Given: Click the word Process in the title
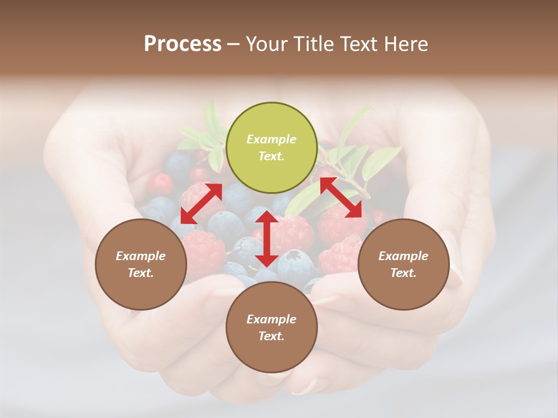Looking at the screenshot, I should click(x=183, y=44).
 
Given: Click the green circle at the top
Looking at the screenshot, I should click(x=271, y=147).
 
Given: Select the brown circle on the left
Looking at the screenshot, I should click(x=141, y=264).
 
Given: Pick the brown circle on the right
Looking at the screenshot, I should click(x=403, y=264).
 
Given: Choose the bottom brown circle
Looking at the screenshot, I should click(x=271, y=327).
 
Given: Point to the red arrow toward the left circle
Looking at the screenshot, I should click(x=201, y=203).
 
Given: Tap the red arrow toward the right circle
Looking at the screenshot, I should click(x=341, y=197).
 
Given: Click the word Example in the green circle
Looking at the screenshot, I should click(x=271, y=139).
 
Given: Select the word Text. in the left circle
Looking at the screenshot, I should click(x=141, y=273).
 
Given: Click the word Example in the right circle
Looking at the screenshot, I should click(x=403, y=256).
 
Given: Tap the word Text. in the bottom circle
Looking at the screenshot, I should click(x=271, y=336).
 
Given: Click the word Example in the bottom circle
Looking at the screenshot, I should click(x=271, y=319).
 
